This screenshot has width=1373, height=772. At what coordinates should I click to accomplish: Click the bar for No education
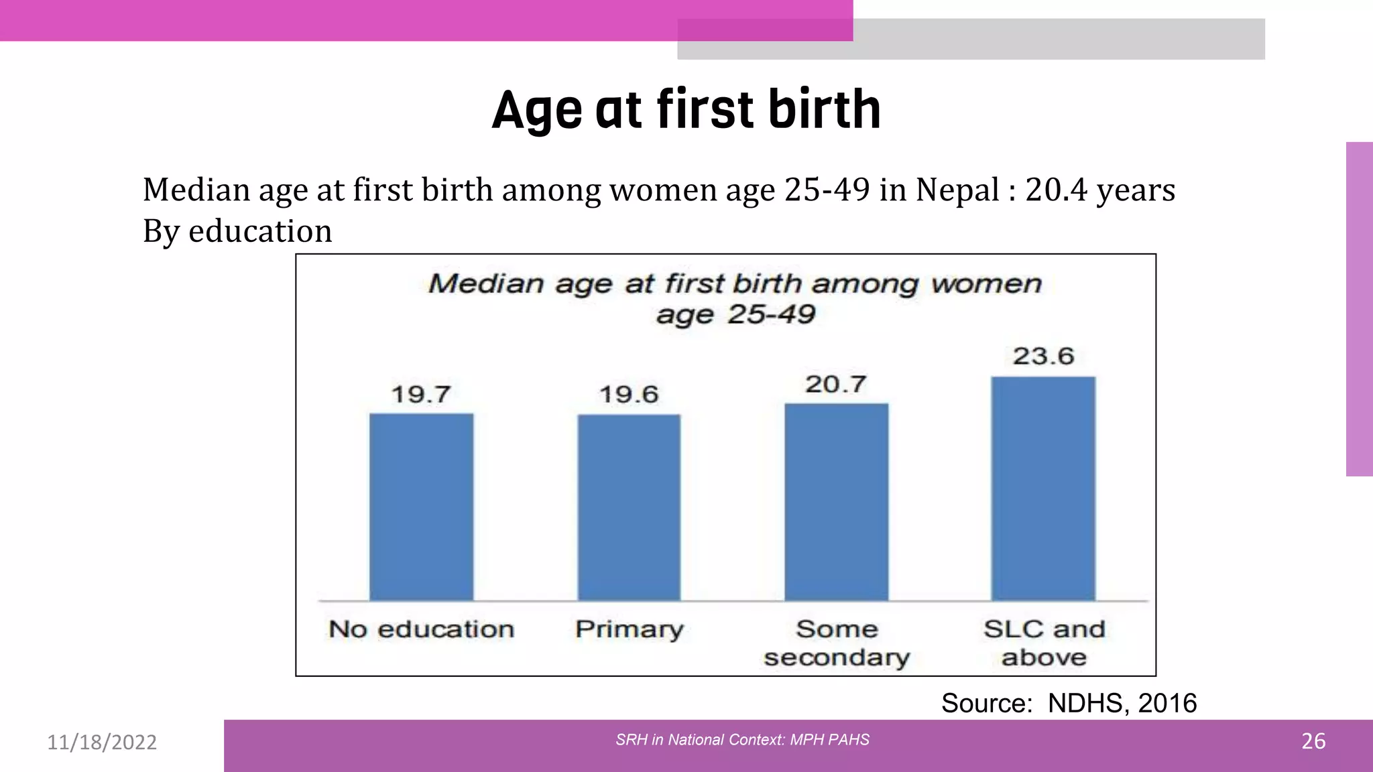pos(421,507)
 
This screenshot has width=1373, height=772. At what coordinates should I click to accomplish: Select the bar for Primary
pos(629,507)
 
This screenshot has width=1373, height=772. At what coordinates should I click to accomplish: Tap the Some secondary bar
pos(836,502)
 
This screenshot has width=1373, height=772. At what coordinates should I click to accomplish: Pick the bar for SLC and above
pos(1043,489)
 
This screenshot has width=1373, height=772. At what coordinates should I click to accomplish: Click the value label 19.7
pos(421,394)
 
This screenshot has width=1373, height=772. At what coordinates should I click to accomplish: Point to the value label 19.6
pos(629,394)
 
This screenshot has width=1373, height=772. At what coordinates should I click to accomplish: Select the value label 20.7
pos(836,384)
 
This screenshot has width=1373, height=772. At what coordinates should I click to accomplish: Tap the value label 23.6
pos(1043,356)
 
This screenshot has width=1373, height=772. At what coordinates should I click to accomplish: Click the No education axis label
pos(421,629)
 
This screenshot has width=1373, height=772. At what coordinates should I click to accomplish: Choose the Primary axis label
pos(629,630)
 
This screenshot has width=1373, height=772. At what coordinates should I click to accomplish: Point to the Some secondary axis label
pos(837,643)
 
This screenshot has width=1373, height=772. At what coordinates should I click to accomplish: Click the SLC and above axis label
pos(1044,643)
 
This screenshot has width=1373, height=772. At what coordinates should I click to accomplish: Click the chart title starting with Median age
pos(735,298)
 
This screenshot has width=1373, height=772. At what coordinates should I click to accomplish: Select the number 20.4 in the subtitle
pos(1056,190)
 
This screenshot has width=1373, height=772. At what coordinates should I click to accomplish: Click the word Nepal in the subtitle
pos(957,190)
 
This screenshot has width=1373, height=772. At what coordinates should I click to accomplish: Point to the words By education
pos(237,231)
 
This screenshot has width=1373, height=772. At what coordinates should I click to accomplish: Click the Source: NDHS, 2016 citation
pos(1069,703)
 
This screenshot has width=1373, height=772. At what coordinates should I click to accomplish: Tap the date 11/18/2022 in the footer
pos(102,742)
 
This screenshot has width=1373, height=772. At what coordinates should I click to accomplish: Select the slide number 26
pos(1313,741)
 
